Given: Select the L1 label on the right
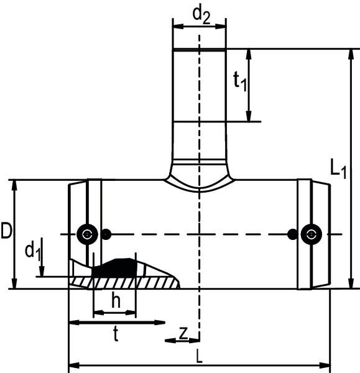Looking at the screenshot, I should coord(338,168).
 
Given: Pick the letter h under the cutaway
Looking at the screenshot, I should coord(115,300).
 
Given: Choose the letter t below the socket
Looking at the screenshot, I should coord(116,335).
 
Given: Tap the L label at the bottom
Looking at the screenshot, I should coord(198,357).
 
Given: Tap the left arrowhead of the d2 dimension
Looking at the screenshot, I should coord(175,27).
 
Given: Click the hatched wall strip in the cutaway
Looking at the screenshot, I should coord(131,282).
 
